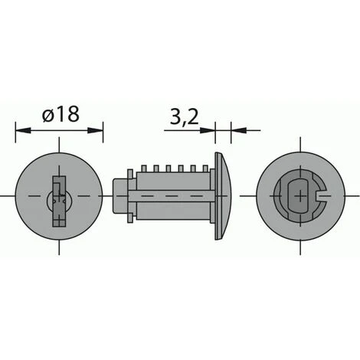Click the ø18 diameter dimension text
[x=60, y=114]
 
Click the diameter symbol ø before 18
[x=47, y=115]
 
